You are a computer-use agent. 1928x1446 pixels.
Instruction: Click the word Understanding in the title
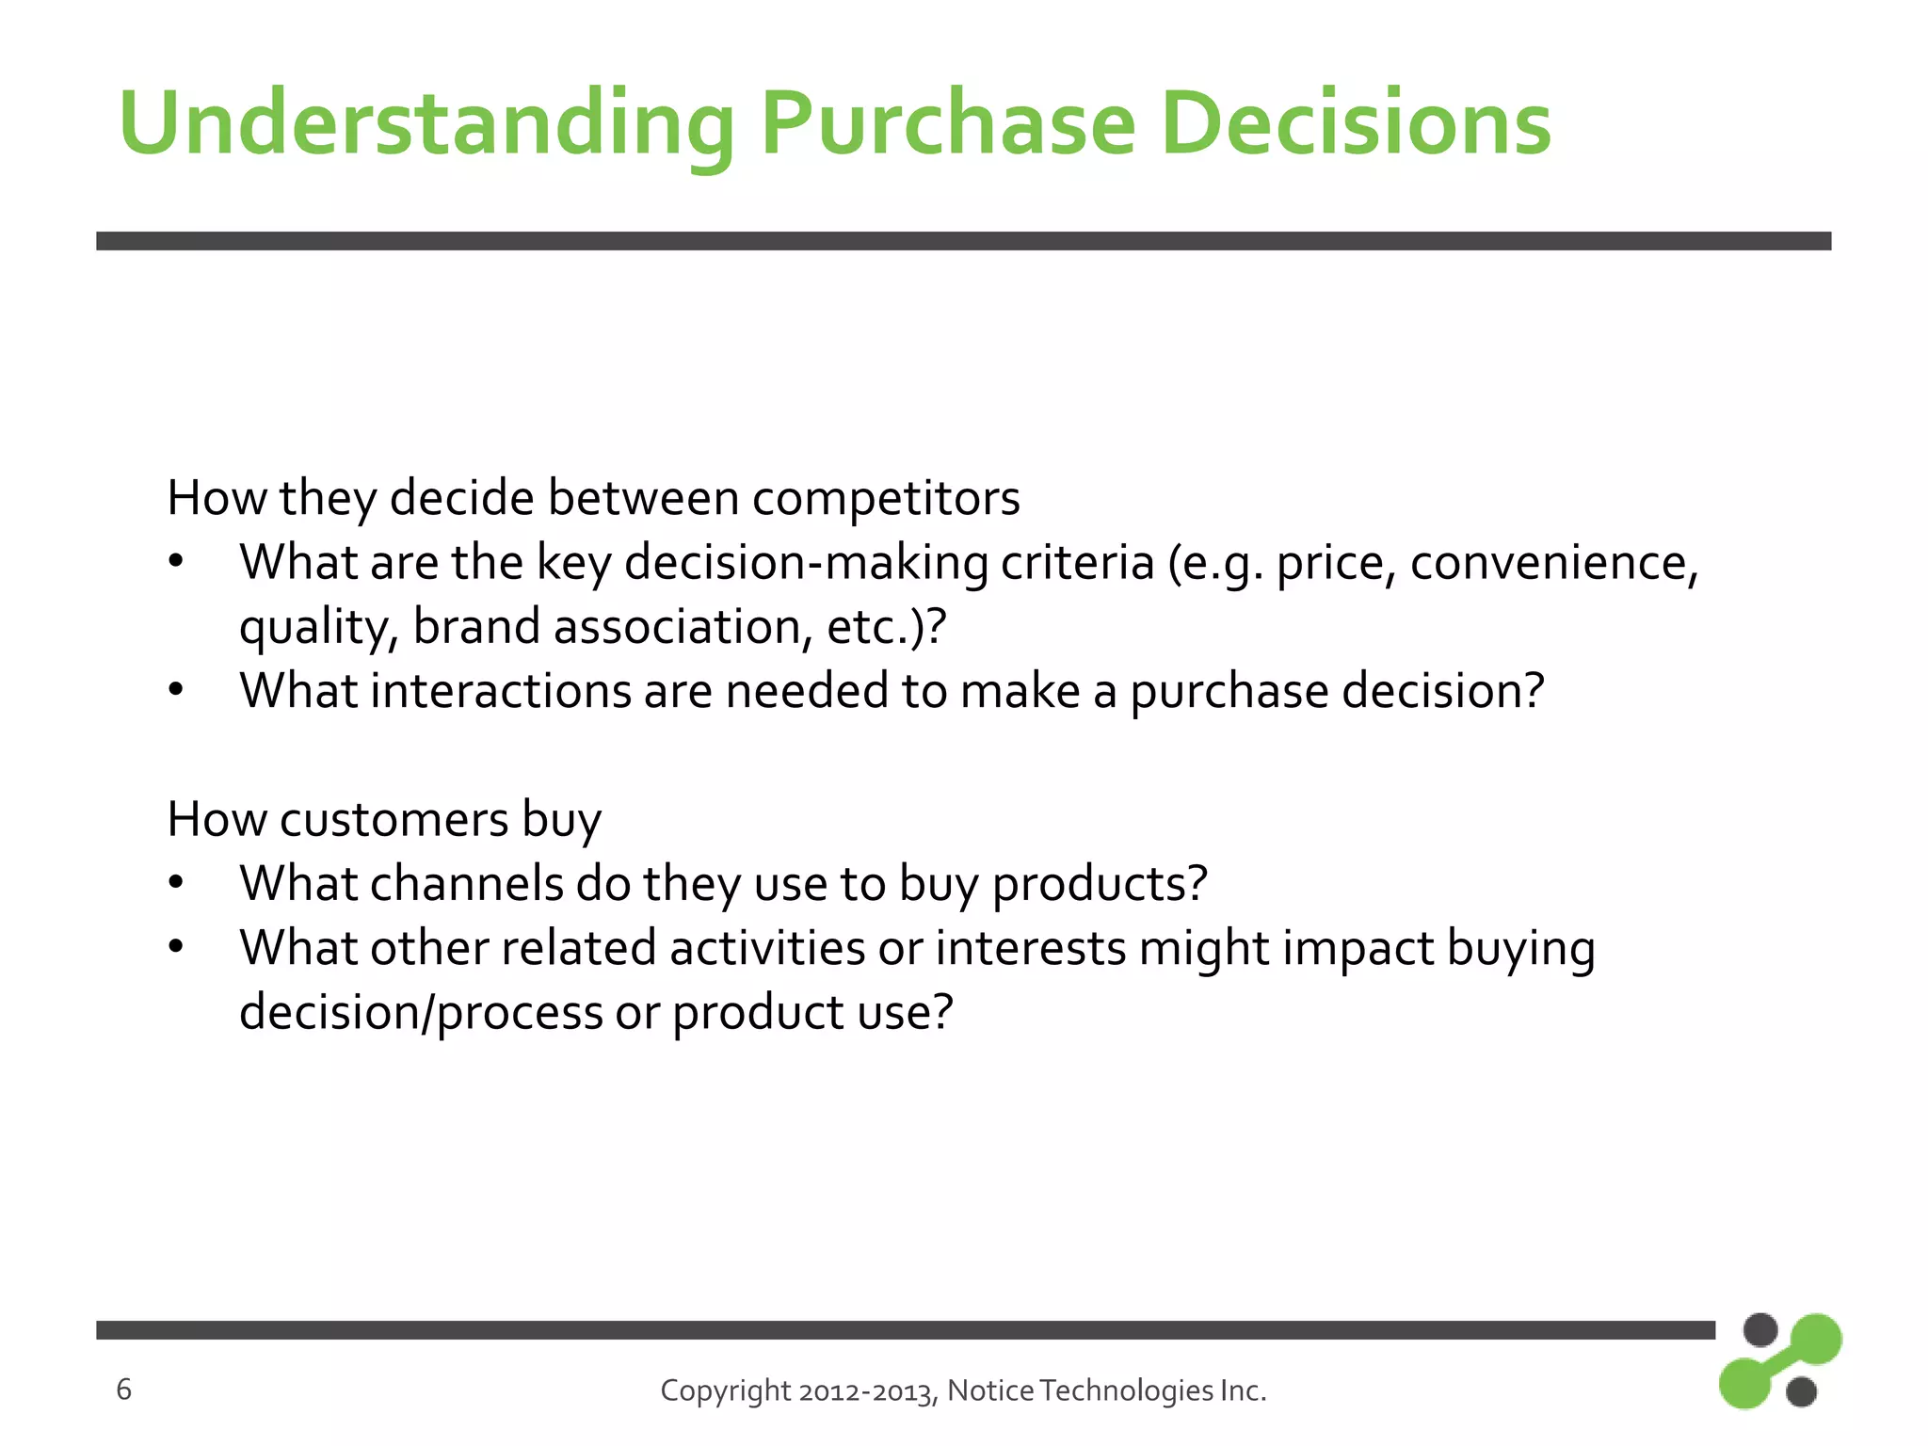[x=426, y=125]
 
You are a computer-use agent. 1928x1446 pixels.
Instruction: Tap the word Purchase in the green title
[x=948, y=125]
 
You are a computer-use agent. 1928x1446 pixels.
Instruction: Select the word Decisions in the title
[x=1356, y=125]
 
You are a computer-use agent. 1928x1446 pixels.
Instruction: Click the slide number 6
[x=123, y=1390]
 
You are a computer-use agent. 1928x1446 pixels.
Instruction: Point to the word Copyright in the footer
[x=725, y=1390]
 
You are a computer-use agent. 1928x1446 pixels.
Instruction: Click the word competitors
[x=885, y=498]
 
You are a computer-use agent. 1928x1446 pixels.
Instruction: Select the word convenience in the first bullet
[x=1553, y=563]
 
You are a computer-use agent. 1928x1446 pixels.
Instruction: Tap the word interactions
[x=500, y=691]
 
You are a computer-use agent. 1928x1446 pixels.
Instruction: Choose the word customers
[x=394, y=819]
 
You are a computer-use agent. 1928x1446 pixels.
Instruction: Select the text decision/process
[x=421, y=1013]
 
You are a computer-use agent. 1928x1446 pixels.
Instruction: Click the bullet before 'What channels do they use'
[x=176, y=884]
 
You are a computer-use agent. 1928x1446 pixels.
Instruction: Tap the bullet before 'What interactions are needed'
[x=176, y=691]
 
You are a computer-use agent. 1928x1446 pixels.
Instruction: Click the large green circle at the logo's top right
[x=1814, y=1339]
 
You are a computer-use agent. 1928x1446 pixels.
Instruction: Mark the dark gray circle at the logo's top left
[x=1759, y=1330]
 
